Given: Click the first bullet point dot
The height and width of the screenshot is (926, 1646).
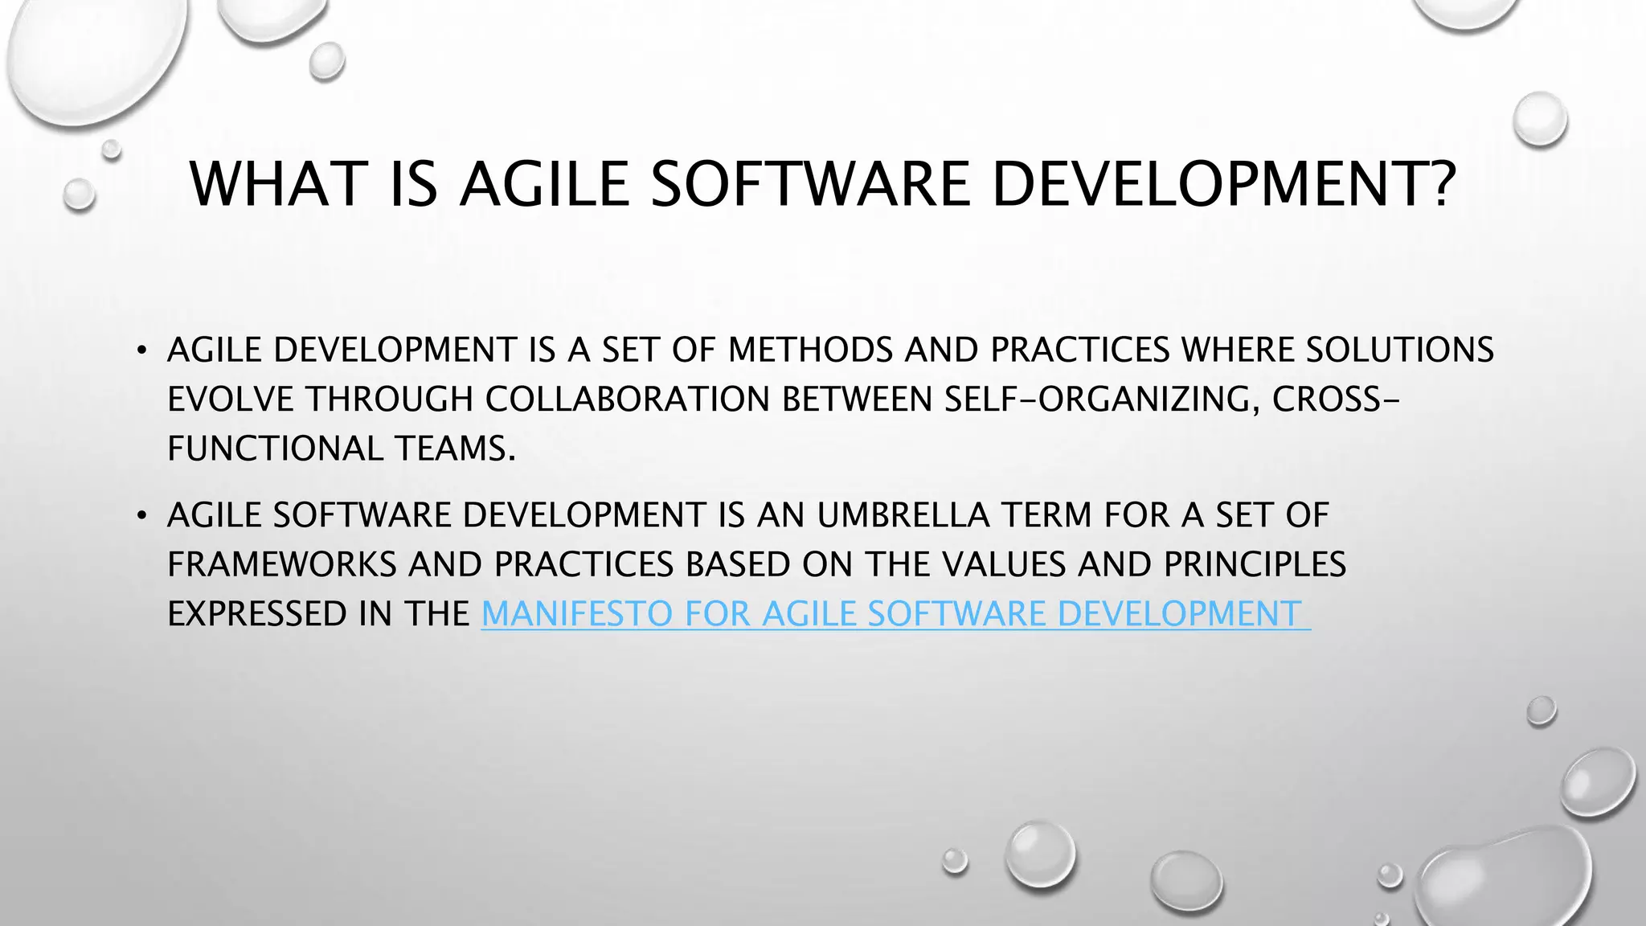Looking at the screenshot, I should (x=142, y=350).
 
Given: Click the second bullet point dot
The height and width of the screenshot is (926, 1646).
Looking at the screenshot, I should (x=142, y=516).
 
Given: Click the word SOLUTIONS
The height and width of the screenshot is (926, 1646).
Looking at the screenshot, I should (x=1399, y=350).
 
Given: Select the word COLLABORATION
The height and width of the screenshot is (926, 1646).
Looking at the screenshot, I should (x=628, y=400).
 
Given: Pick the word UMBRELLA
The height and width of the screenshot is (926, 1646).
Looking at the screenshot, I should (x=903, y=515).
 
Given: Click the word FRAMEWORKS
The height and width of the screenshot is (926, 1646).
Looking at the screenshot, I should (x=281, y=565).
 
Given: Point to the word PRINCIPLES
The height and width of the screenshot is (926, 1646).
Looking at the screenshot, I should (x=1255, y=565).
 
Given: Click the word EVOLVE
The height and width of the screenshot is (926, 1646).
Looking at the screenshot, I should (x=231, y=400).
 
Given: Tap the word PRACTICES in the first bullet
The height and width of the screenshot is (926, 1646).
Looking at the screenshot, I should (x=1079, y=350).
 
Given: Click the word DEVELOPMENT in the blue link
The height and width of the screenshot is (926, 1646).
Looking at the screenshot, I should (x=1178, y=615).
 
